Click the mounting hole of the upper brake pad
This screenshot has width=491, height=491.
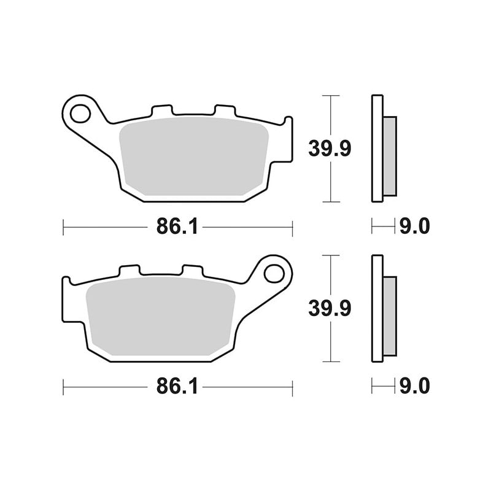(80, 113)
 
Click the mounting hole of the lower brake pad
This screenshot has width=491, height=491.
(274, 274)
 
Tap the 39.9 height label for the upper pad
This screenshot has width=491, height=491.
(330, 149)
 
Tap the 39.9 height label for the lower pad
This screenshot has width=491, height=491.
(330, 308)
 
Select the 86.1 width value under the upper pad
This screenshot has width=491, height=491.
(177, 226)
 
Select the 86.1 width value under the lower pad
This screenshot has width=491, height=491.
(177, 387)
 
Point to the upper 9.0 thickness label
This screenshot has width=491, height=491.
(415, 226)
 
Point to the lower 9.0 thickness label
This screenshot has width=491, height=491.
(415, 387)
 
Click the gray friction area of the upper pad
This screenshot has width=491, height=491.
(194, 157)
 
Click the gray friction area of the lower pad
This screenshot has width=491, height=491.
(160, 316)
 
